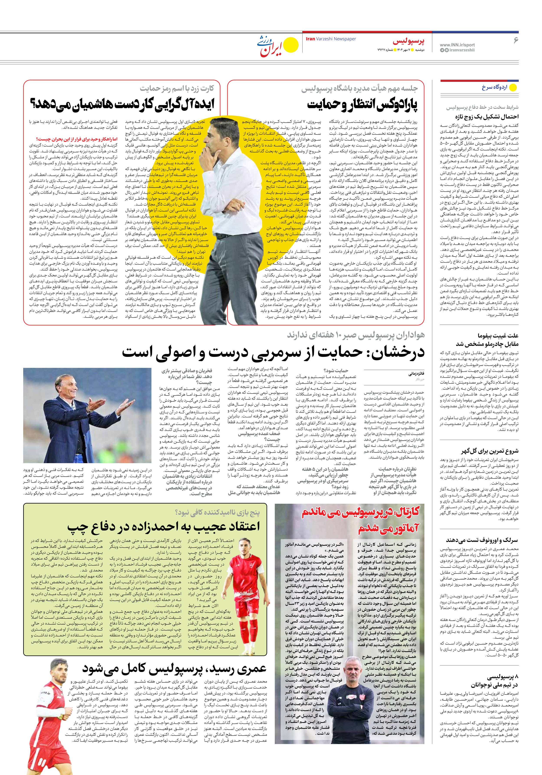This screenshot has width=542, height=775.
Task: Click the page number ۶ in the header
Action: (515, 41)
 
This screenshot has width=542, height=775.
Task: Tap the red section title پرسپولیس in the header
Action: (408, 41)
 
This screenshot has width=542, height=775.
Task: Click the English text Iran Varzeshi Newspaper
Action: (331, 39)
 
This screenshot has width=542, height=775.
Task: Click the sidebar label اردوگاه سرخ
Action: (494, 87)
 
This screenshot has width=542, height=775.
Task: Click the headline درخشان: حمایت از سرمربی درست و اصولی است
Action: (273, 352)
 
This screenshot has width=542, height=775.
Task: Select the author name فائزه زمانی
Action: (416, 374)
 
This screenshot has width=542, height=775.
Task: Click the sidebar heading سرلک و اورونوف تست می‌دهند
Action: (482, 540)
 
